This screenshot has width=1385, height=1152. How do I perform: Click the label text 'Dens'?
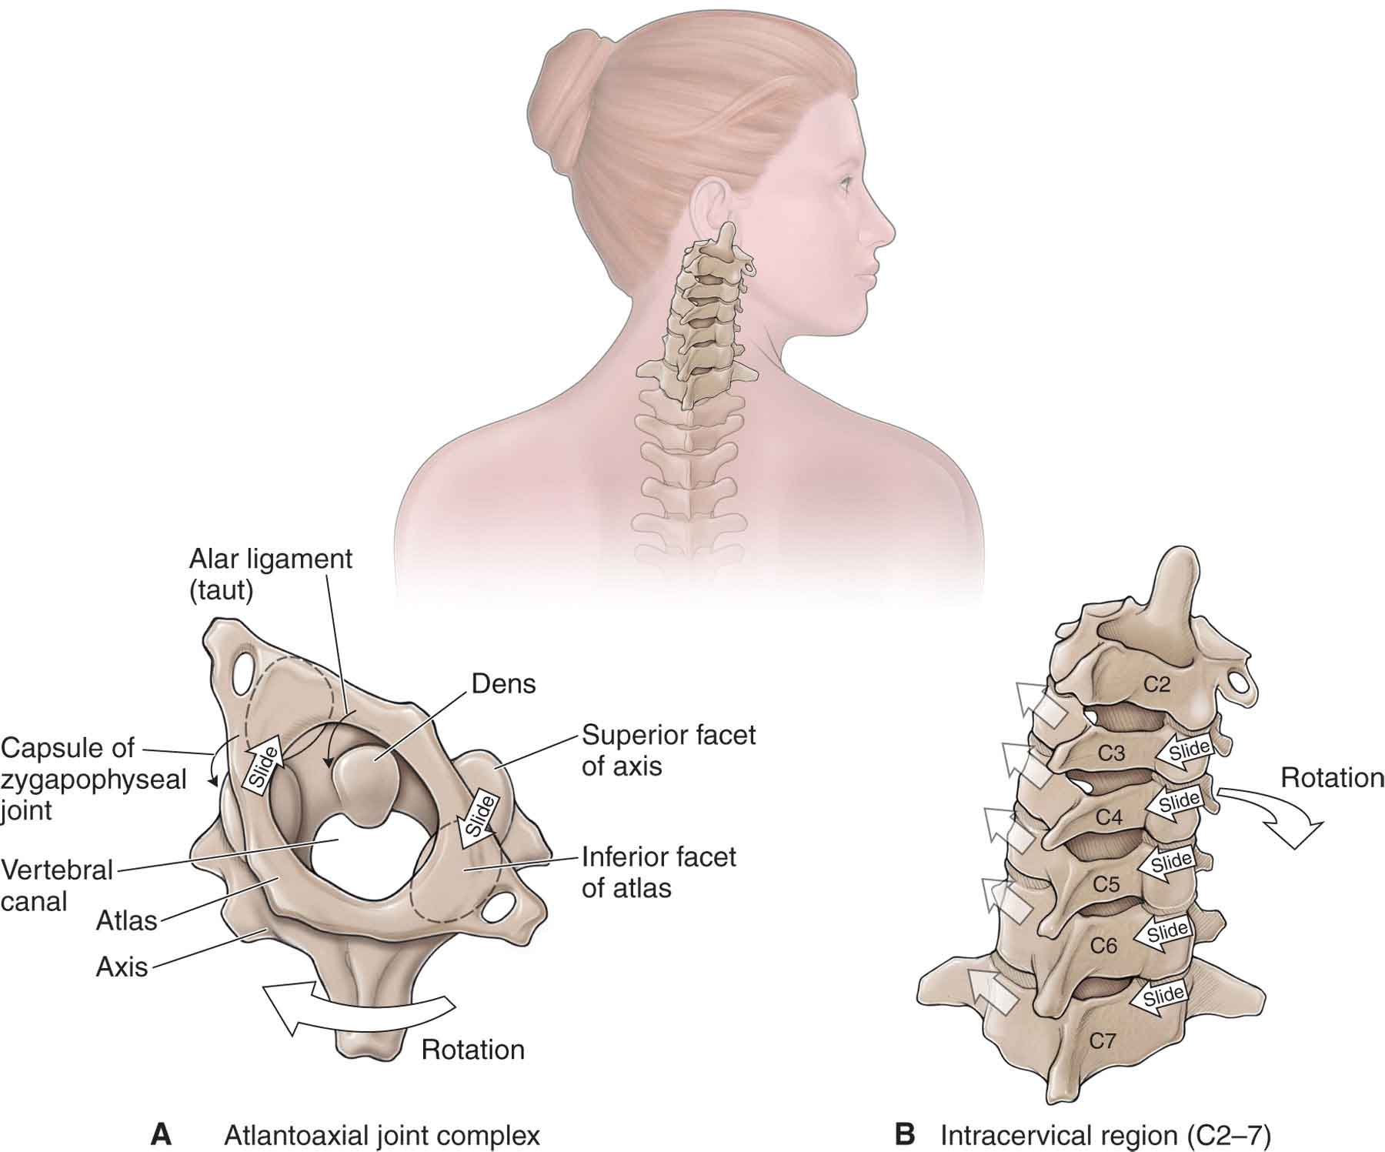click(x=503, y=684)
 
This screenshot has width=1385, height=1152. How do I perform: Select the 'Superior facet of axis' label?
click(x=669, y=750)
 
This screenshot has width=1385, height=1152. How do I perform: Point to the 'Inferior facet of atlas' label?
click(x=659, y=872)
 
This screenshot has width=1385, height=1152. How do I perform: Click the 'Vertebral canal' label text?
click(x=57, y=885)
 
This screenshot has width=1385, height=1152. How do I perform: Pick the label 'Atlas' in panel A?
click(x=127, y=920)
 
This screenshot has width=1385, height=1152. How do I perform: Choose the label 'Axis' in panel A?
click(x=122, y=967)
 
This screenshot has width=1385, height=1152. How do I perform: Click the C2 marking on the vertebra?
click(x=1156, y=684)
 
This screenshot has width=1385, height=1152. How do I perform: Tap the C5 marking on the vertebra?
click(x=1106, y=884)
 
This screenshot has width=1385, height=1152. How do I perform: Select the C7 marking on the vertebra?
click(x=1102, y=1041)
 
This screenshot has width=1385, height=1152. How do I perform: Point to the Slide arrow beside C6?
click(x=1163, y=933)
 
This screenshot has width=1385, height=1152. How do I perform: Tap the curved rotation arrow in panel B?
click(x=1270, y=815)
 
